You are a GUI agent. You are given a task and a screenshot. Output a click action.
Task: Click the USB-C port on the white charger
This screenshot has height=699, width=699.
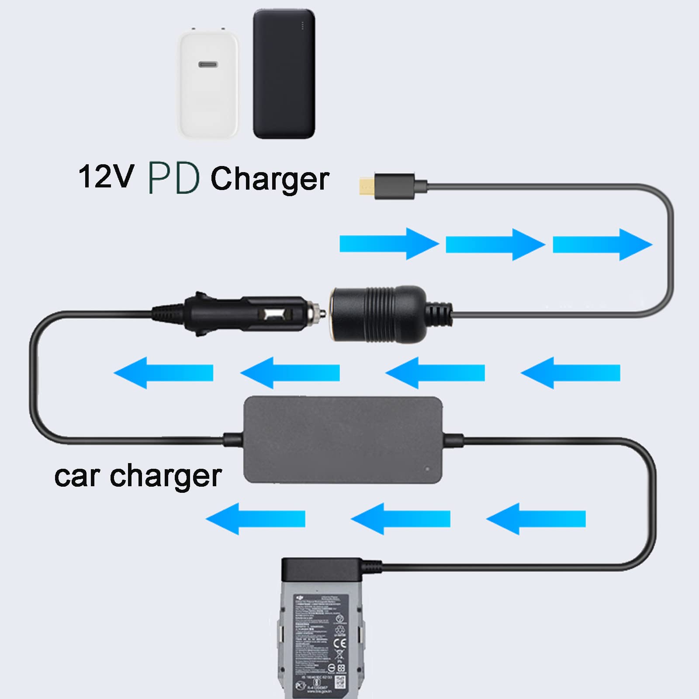tap(208, 65)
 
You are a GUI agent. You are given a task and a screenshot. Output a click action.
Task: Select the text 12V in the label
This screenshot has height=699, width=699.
tap(106, 176)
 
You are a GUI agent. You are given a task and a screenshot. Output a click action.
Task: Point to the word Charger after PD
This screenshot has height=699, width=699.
tap(270, 179)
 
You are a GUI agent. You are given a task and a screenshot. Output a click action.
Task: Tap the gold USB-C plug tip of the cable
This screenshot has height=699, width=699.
tap(366, 186)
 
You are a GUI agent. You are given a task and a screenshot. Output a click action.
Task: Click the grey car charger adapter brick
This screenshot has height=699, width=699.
tap(343, 439)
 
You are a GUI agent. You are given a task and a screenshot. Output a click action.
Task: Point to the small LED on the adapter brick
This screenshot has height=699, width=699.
tap(427, 469)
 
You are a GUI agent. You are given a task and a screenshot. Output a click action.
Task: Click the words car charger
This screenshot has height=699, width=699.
tap(138, 476)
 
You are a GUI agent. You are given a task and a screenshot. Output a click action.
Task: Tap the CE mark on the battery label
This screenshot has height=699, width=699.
tap(340, 643)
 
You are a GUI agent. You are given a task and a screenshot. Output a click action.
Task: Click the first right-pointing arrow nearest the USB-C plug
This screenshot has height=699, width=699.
tap(389, 244)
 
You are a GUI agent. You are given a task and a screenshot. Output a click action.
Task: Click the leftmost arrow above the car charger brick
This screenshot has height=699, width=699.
tap(163, 373)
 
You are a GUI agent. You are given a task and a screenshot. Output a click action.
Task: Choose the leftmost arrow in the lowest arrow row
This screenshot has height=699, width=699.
tap(255, 519)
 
